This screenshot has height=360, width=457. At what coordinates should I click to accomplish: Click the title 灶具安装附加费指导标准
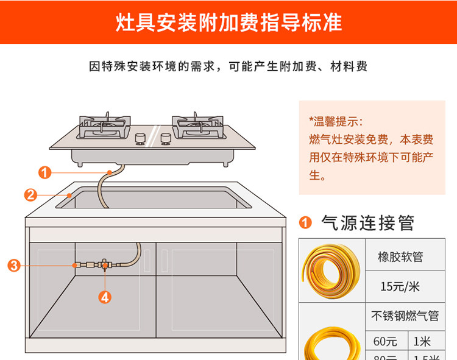228,23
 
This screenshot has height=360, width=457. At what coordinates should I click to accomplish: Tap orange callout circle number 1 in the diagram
44,172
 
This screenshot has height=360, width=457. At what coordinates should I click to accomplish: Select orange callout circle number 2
30,195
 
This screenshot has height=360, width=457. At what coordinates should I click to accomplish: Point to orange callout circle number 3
15,265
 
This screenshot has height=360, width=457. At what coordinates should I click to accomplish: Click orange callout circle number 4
105,297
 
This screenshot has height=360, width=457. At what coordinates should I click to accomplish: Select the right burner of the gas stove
196,125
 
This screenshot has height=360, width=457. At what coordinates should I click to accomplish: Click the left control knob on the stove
141,139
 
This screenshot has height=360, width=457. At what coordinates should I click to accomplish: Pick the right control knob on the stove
165,139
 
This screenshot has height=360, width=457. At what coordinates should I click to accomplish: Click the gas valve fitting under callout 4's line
105,265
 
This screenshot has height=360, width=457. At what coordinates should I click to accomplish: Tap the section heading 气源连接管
367,223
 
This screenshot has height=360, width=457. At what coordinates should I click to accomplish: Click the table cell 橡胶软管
400,257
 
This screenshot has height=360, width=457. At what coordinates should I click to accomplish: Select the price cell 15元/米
400,286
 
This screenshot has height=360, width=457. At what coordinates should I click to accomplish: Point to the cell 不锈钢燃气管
405,316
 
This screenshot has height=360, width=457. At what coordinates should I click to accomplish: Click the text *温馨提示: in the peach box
336,119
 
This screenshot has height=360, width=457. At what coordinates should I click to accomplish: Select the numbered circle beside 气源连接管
306,224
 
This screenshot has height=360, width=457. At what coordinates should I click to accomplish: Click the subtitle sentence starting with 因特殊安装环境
228,66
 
